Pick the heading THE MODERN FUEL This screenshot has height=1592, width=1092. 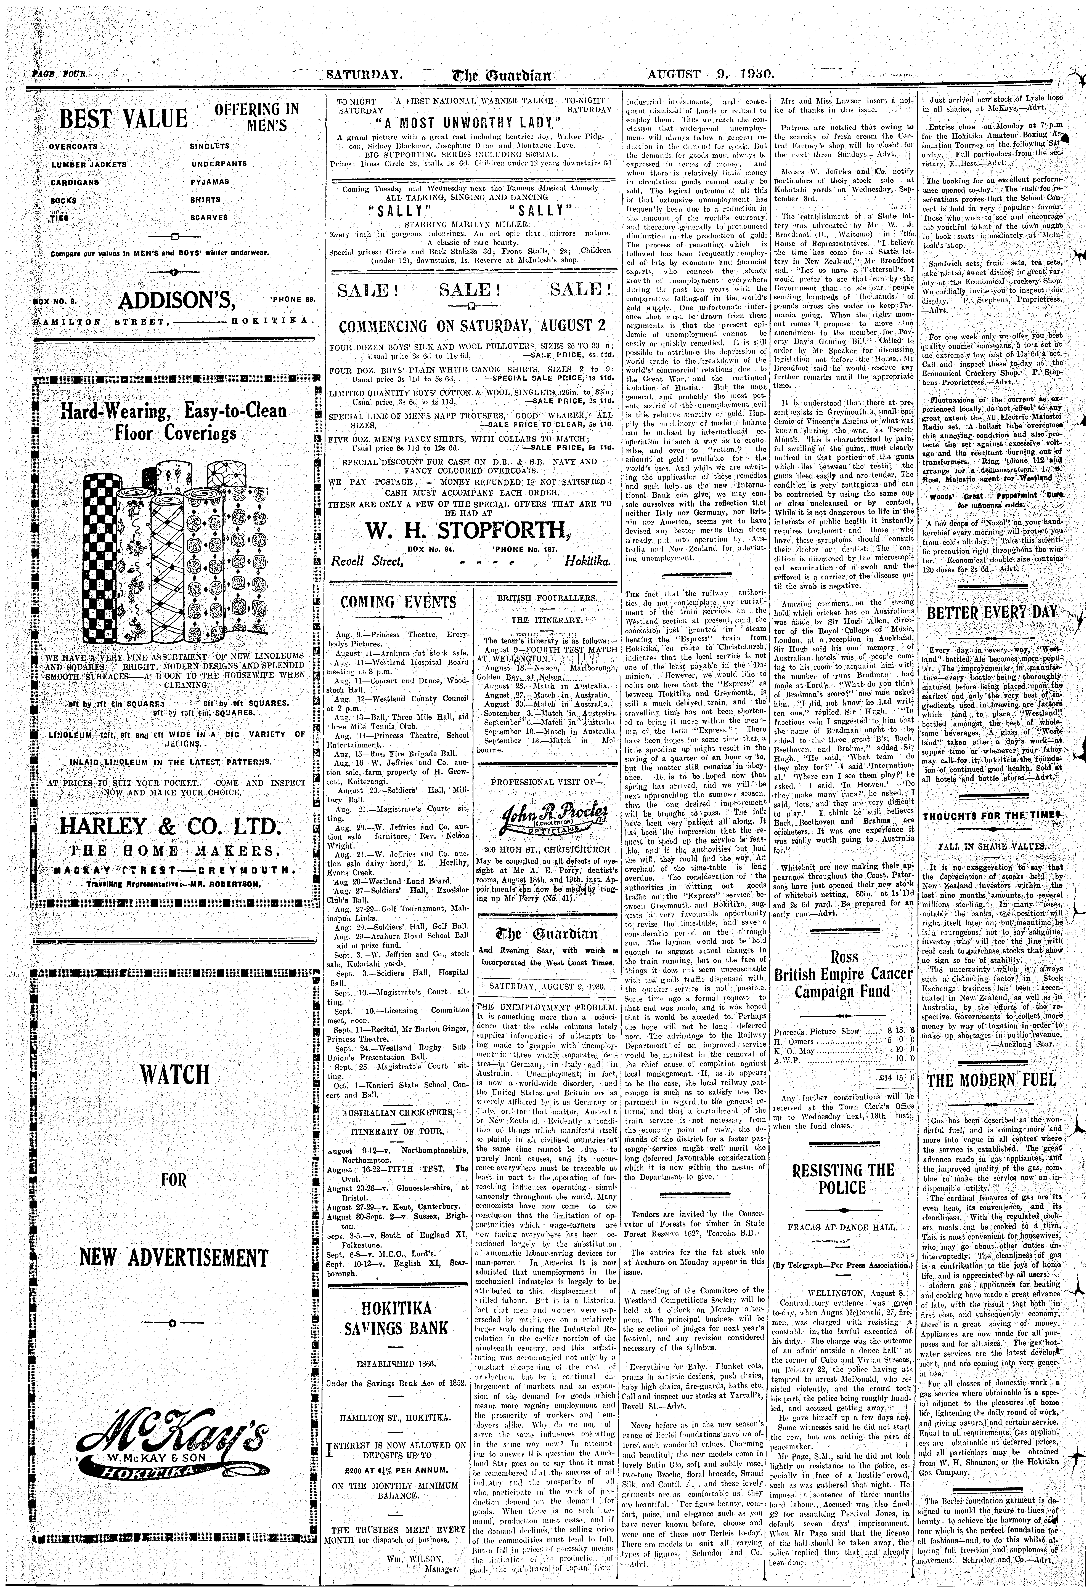click(991, 1081)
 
